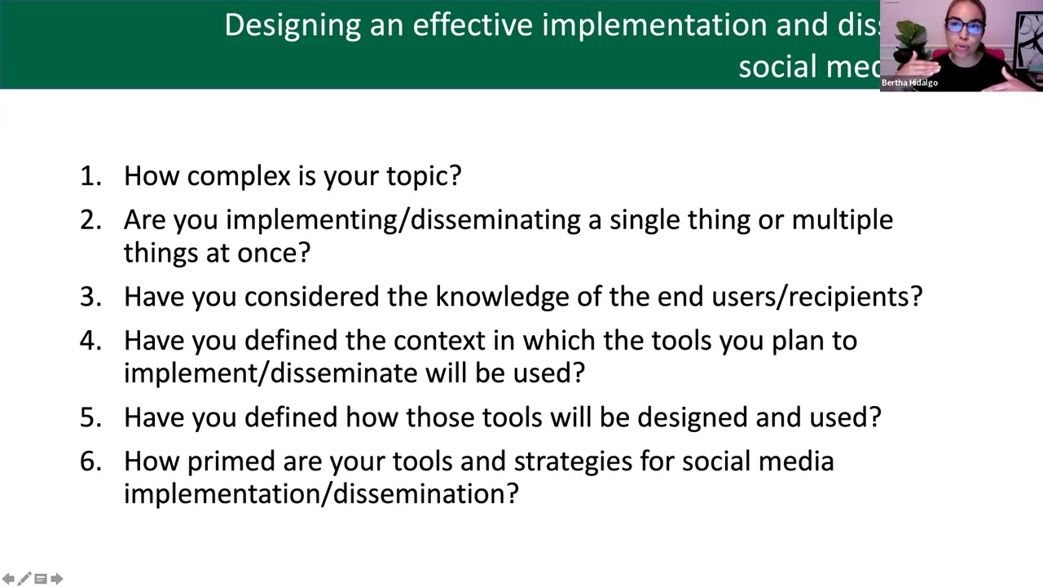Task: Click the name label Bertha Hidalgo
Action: (x=909, y=83)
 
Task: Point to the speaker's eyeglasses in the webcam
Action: (x=965, y=27)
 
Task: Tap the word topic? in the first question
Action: (x=423, y=176)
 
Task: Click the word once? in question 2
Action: (x=274, y=253)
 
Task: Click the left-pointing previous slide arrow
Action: (x=8, y=579)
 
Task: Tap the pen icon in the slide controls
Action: (x=24, y=579)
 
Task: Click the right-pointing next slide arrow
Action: (x=56, y=579)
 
